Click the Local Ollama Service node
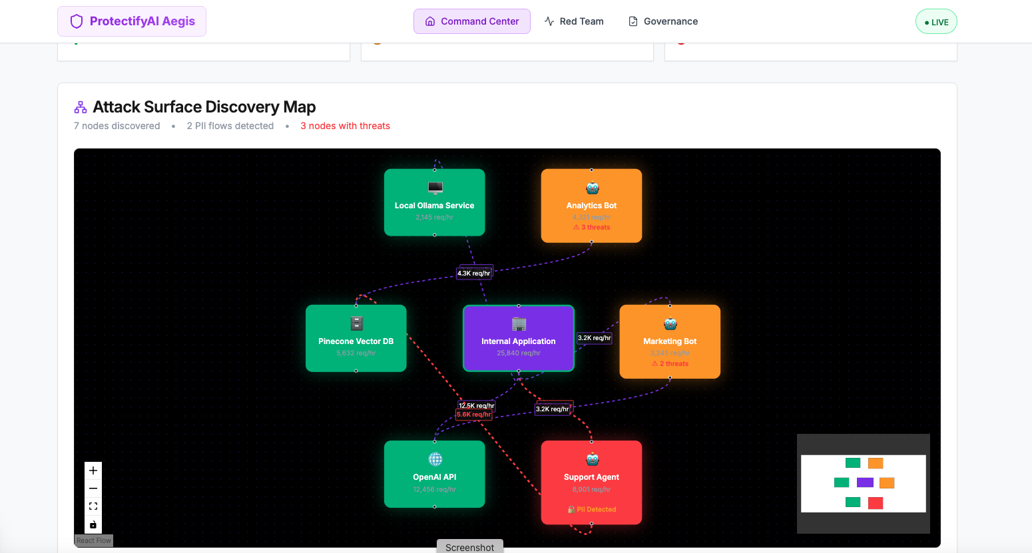tap(434, 202)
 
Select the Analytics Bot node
tap(591, 206)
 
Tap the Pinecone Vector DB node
tap(356, 338)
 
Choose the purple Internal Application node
tap(518, 338)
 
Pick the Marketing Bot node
tap(670, 341)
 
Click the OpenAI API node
tap(434, 474)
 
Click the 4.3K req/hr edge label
tap(473, 274)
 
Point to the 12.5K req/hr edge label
tap(476, 405)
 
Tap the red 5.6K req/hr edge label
tap(473, 415)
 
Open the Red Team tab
tap(574, 21)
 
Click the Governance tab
tap(663, 21)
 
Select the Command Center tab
tap(472, 21)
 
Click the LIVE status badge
tap(936, 22)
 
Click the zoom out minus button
tap(93, 488)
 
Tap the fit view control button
tap(93, 506)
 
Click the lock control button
tap(93, 524)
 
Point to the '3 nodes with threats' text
tap(345, 126)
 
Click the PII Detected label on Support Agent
tap(593, 510)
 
